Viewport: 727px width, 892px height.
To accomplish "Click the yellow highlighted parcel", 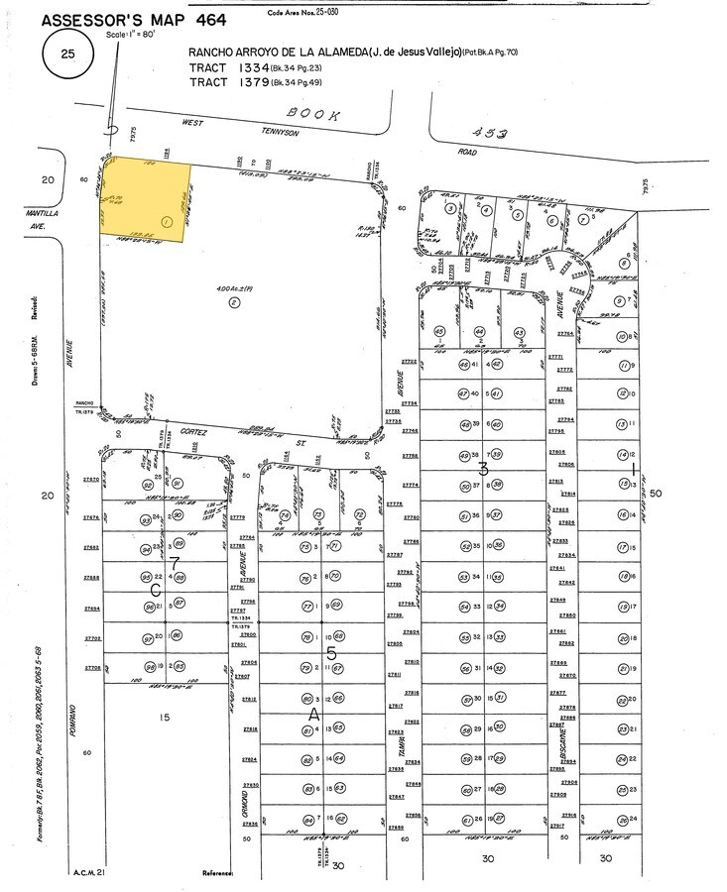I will point(147,199).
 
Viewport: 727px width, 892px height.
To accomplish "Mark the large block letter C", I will point(157,589).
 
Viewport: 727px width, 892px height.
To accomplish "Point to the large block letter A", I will point(313,713).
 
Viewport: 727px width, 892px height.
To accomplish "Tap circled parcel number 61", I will point(465,820).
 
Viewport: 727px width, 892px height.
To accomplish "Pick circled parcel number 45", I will point(439,331).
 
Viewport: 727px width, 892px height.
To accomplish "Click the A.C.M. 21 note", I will point(89,872).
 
